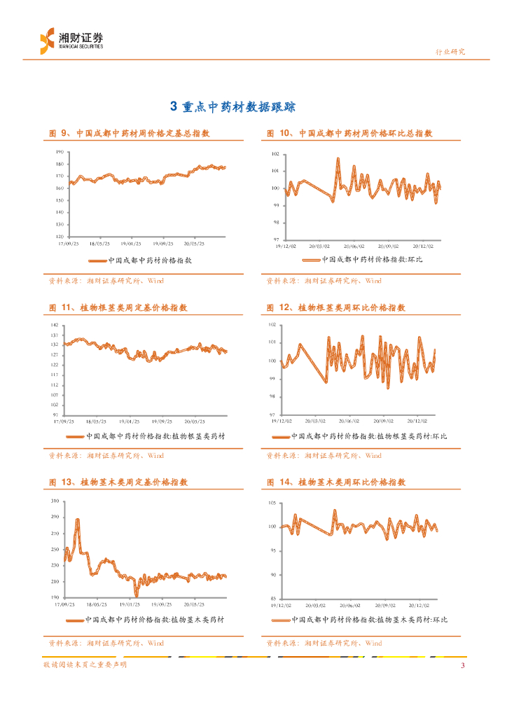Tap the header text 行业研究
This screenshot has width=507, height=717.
pyautogui.click(x=450, y=52)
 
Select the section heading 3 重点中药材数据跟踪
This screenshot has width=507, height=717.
pyautogui.click(x=233, y=107)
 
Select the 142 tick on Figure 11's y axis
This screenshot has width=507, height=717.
pyautogui.click(x=55, y=326)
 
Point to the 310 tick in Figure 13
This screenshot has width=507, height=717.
pyautogui.click(x=55, y=502)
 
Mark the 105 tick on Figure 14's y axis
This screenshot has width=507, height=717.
pyautogui.click(x=275, y=504)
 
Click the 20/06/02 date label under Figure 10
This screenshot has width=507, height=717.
pyautogui.click(x=354, y=246)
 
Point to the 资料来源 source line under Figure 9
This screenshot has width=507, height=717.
pyautogui.click(x=106, y=281)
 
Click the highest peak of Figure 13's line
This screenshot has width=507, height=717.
pyautogui.click(x=77, y=520)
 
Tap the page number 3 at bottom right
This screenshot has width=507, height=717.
pyautogui.click(x=462, y=665)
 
